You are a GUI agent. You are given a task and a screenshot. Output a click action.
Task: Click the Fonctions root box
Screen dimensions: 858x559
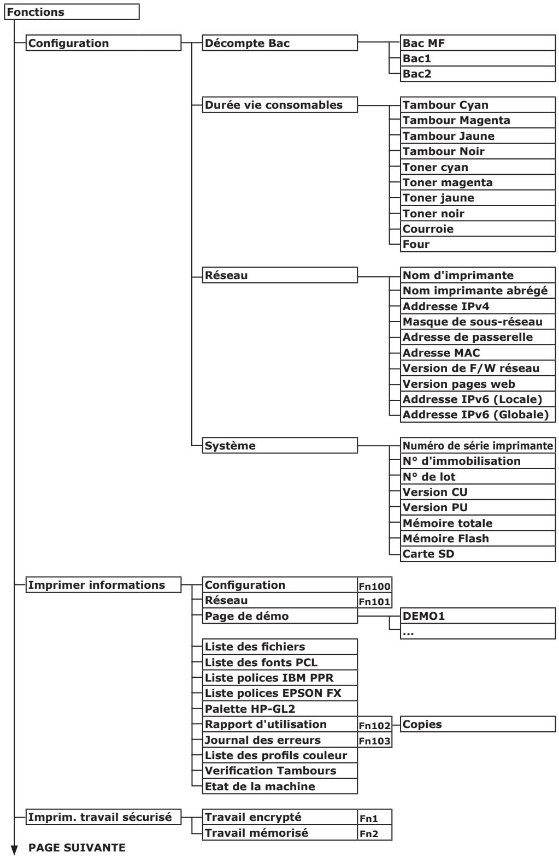pyautogui.click(x=72, y=12)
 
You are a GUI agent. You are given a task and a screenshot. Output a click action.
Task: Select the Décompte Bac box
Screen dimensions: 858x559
pyautogui.click(x=280, y=43)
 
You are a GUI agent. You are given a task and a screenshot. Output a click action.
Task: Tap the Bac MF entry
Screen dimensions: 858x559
pyautogui.click(x=478, y=43)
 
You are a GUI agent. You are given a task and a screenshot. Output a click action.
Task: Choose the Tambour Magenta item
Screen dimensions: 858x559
pyautogui.click(x=478, y=120)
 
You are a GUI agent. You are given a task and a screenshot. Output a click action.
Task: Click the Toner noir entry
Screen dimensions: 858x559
pyautogui.click(x=478, y=214)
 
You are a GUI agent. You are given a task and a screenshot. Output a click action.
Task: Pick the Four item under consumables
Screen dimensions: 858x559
pyautogui.click(x=478, y=244)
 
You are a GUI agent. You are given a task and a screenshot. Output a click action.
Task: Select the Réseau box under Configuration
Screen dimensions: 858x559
pyautogui.click(x=280, y=275)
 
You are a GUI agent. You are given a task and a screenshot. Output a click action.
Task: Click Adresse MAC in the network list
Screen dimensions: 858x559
pyautogui.click(x=478, y=353)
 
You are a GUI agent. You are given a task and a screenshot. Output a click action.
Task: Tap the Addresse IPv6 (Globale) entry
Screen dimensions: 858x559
pyautogui.click(x=478, y=415)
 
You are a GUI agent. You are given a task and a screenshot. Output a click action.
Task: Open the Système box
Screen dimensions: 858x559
pyautogui.click(x=280, y=446)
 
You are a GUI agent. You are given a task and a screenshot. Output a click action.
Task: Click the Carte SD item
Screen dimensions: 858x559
pyautogui.click(x=478, y=554)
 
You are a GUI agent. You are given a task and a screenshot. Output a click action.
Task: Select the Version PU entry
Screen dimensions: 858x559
pyautogui.click(x=478, y=507)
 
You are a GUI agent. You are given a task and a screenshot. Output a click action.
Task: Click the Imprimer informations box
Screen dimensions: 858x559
pyautogui.click(x=103, y=585)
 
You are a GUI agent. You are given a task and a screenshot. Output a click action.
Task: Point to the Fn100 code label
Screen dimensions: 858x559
pyautogui.click(x=375, y=587)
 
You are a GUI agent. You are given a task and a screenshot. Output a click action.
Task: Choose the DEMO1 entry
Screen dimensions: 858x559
pyautogui.click(x=478, y=616)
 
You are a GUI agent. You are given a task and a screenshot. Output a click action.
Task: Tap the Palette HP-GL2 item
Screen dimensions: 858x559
pyautogui.click(x=280, y=709)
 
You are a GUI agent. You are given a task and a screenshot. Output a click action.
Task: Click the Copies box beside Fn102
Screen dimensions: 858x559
pyautogui.click(x=478, y=725)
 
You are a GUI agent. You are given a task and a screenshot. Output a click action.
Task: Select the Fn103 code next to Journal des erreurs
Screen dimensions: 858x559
pyautogui.click(x=375, y=741)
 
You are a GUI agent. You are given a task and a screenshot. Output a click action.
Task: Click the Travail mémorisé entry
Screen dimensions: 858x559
pyautogui.click(x=280, y=833)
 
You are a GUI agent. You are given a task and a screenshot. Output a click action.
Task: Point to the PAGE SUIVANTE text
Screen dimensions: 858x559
pyautogui.click(x=77, y=848)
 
